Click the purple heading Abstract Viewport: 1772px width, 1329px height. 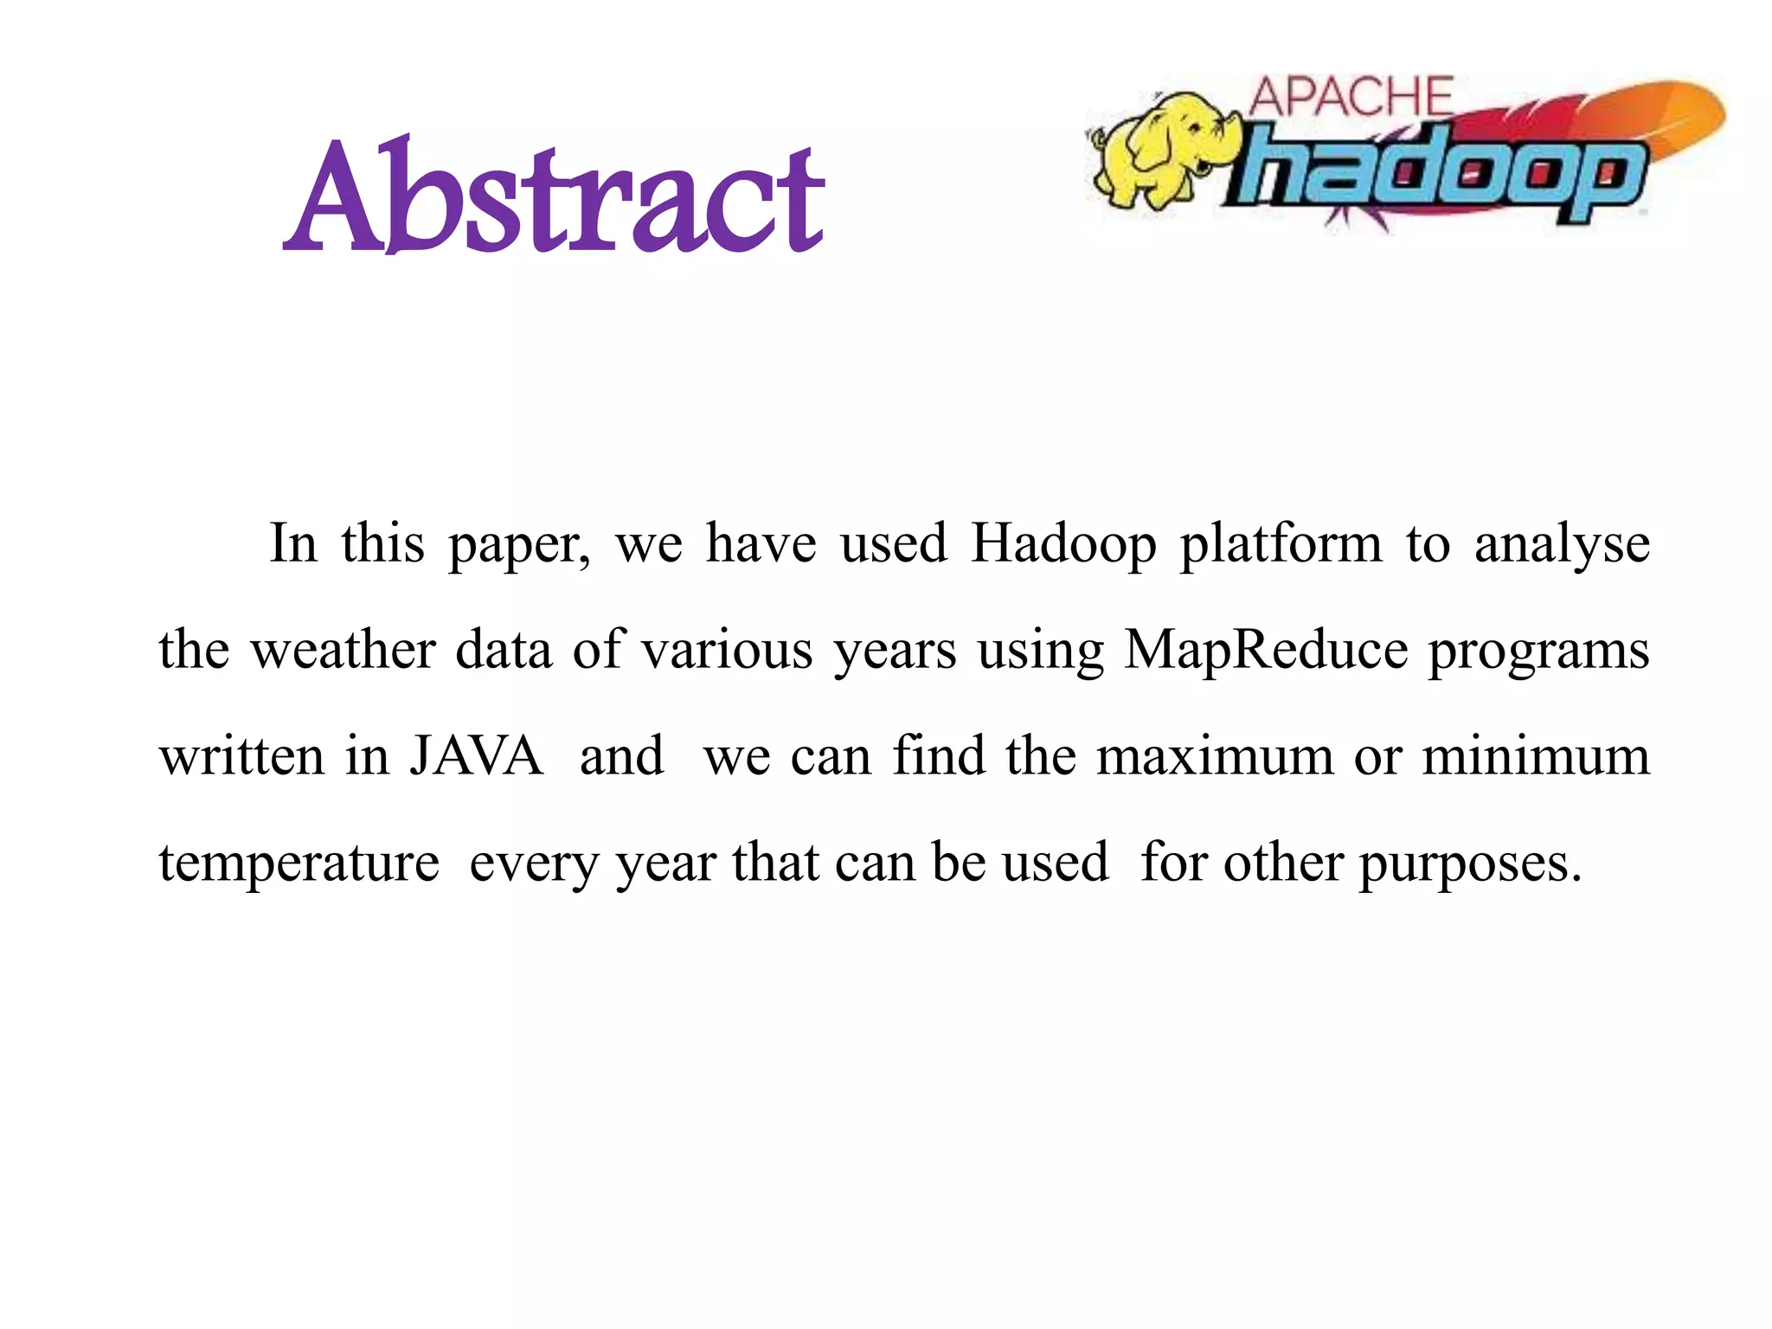(554, 196)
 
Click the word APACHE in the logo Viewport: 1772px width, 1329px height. (1351, 97)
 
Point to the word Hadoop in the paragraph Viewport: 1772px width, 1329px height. (1063, 544)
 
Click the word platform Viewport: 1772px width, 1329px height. (1281, 544)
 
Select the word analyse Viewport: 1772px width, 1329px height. (1562, 544)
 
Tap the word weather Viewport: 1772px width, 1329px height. (343, 650)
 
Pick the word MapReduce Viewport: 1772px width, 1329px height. (1266, 650)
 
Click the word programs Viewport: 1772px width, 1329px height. (1538, 652)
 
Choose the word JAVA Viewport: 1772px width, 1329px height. (477, 755)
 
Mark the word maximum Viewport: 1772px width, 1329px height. (1216, 755)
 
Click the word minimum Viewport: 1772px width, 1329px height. (1536, 755)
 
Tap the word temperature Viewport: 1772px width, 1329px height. (299, 863)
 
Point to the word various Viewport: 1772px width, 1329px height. (727, 650)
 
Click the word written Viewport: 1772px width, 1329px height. (243, 755)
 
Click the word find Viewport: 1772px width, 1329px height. (939, 755)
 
